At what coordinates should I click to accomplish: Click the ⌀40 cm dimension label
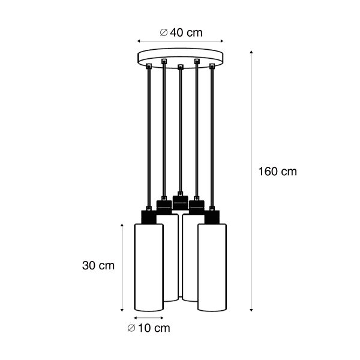181,32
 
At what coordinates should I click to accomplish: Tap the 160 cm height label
277,172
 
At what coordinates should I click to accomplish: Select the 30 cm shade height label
98,265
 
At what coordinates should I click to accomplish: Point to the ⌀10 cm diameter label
148,328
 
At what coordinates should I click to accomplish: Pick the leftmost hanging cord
148,138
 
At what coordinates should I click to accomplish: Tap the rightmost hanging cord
212,138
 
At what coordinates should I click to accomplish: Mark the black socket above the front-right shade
212,216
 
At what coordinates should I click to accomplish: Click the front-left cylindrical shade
148,267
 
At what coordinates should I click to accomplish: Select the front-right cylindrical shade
212,267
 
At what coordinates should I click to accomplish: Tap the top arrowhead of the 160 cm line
251,53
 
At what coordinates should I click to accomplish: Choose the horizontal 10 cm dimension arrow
148,317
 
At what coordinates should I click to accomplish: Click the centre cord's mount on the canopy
180,66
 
